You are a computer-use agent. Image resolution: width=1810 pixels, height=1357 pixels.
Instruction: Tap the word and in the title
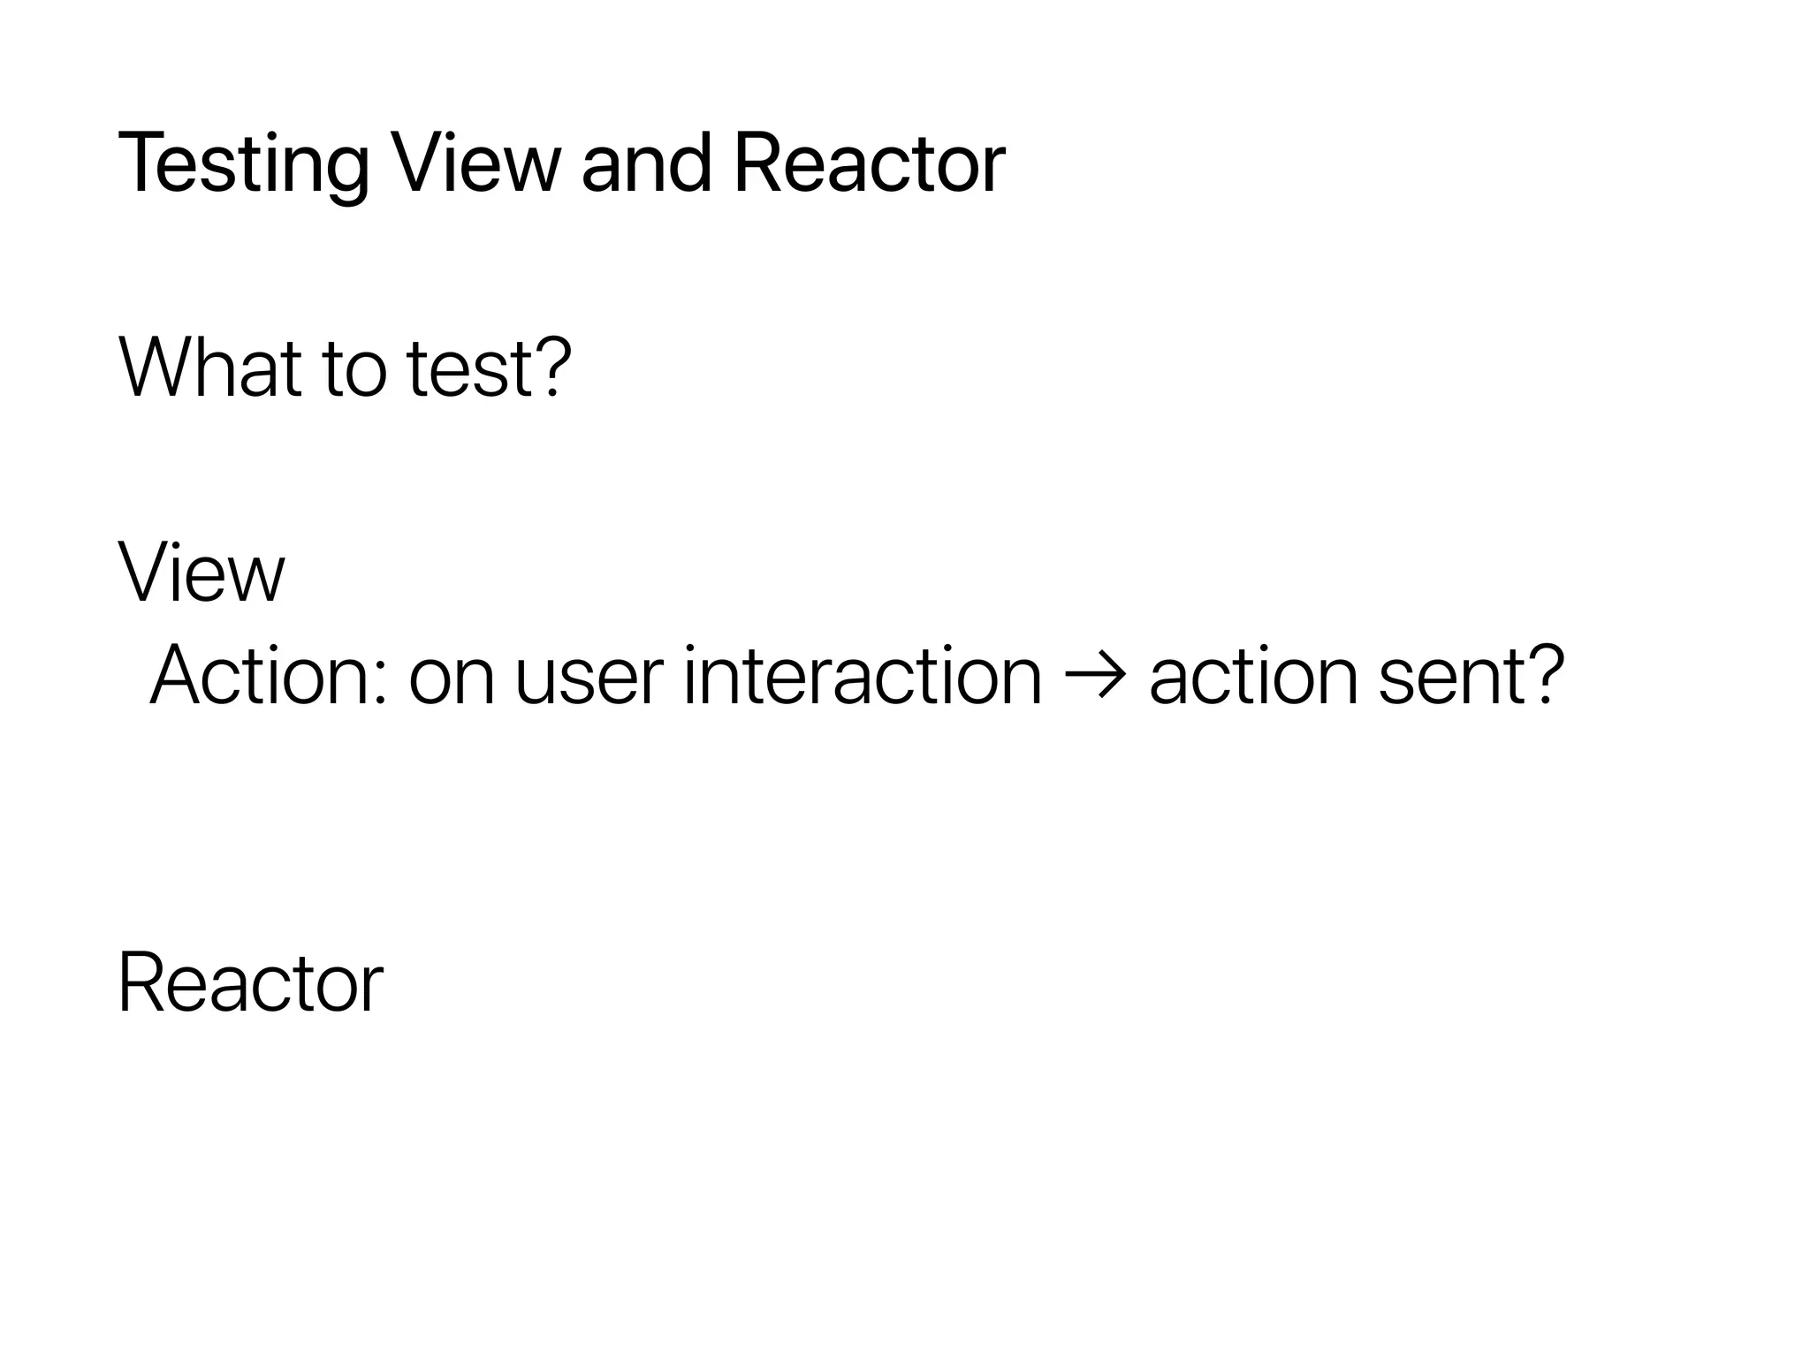point(646,163)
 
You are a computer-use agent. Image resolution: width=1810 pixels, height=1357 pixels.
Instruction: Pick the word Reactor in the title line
point(869,163)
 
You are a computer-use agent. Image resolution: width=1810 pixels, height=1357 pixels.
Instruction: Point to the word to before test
point(354,369)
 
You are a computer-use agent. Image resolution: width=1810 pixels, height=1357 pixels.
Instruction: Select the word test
point(470,369)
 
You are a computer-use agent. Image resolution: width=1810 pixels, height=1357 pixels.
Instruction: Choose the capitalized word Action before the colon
point(261,676)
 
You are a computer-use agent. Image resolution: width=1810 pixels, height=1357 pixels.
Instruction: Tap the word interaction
point(863,676)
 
